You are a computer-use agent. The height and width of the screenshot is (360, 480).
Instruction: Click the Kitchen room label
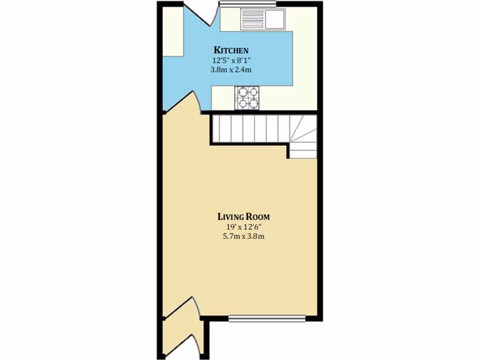pyautogui.click(x=231, y=50)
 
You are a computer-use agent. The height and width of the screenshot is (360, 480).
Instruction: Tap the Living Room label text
pyautogui.click(x=243, y=217)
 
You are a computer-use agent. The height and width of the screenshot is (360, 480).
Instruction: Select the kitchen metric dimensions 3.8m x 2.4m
pyautogui.click(x=231, y=69)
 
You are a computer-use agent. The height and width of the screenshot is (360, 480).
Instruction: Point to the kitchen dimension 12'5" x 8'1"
pyautogui.click(x=231, y=60)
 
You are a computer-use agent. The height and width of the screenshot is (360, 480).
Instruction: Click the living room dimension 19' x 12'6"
pyautogui.click(x=243, y=227)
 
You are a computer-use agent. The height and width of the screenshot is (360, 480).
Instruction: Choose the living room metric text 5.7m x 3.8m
pyautogui.click(x=243, y=236)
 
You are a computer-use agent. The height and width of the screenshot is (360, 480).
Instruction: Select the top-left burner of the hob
pyautogui.click(x=242, y=92)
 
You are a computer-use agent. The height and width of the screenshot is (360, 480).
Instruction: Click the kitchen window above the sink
pyautogui.click(x=247, y=4)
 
